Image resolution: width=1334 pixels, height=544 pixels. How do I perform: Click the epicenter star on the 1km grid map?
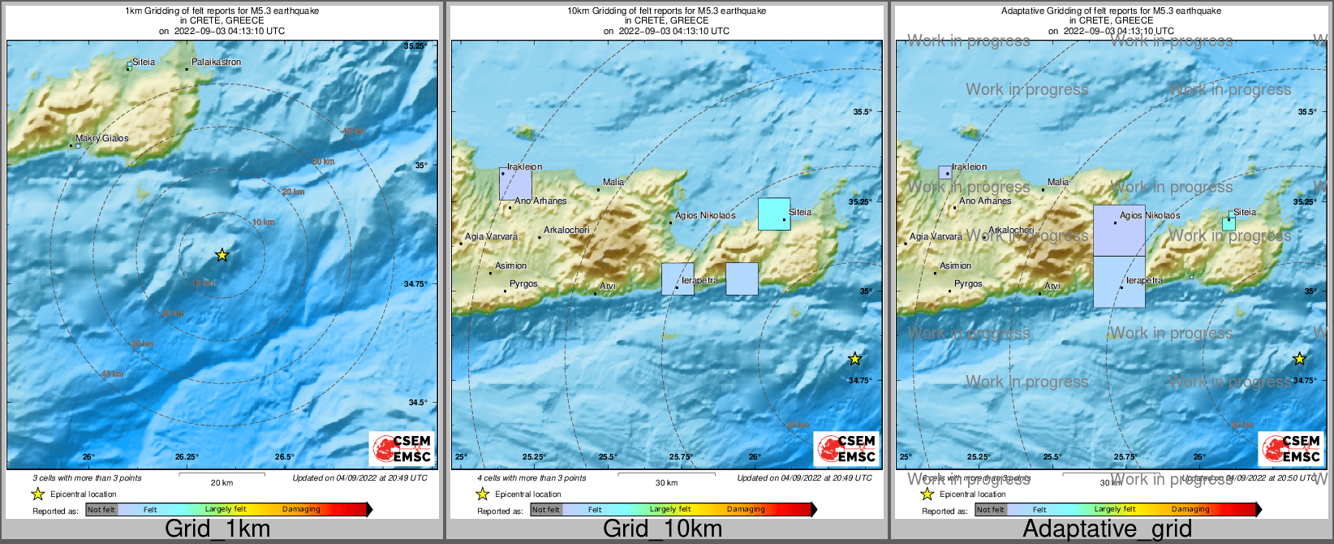pyautogui.click(x=222, y=255)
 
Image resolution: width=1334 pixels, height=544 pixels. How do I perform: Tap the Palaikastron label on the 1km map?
pyautogui.click(x=216, y=62)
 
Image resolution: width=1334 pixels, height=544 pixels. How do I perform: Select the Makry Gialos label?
pyautogui.click(x=102, y=138)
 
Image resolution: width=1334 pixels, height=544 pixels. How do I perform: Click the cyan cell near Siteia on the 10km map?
pyautogui.click(x=774, y=214)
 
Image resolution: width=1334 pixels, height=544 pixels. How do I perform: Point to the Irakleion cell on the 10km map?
pyautogui.click(x=515, y=183)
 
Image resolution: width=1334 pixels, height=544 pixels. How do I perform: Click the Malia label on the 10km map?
pyautogui.click(x=613, y=182)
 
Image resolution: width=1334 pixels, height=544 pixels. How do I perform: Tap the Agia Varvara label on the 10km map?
pyautogui.click(x=491, y=236)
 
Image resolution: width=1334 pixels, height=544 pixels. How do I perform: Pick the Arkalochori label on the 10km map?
pyautogui.click(x=566, y=230)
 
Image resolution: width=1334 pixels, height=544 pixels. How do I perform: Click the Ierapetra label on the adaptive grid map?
pyautogui.click(x=1144, y=280)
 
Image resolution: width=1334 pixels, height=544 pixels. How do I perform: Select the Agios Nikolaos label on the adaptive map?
pyautogui.click(x=1150, y=215)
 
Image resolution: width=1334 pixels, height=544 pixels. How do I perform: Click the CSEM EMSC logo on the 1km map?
pyautogui.click(x=402, y=449)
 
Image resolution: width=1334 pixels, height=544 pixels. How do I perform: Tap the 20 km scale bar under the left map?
pyautogui.click(x=222, y=474)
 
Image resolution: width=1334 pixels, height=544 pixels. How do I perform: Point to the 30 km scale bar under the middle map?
pyautogui.click(x=666, y=474)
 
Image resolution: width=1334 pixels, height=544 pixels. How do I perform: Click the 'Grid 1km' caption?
pyautogui.click(x=217, y=529)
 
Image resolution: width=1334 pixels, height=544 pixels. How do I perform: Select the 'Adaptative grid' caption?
pyautogui.click(x=1107, y=529)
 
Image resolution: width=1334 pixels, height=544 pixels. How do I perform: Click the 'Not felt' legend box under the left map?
pyautogui.click(x=101, y=509)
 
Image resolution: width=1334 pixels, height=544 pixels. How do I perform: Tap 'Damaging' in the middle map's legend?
pyautogui.click(x=746, y=509)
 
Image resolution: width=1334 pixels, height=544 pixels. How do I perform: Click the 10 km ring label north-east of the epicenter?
pyautogui.click(x=263, y=222)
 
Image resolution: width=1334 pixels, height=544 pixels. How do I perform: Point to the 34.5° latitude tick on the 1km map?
pyautogui.click(x=416, y=402)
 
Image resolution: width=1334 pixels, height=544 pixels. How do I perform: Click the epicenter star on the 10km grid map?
pyautogui.click(x=854, y=359)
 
